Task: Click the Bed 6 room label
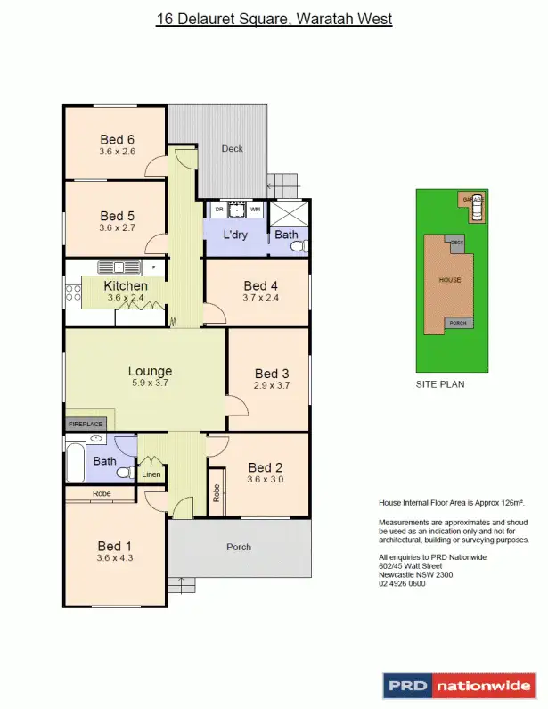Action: tap(117, 139)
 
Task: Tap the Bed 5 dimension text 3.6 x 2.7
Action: tap(117, 228)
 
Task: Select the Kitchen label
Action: tap(126, 285)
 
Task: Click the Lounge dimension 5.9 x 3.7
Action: tap(149, 383)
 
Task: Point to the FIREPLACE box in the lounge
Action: tap(86, 425)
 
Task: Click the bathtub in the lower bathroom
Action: tap(74, 464)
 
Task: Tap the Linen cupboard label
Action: tap(151, 474)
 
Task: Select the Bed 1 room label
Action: tap(115, 546)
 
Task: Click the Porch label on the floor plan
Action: tap(239, 547)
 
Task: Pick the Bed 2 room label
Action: tap(265, 467)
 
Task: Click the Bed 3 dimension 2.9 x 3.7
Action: tap(272, 385)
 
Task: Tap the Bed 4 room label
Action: tap(261, 285)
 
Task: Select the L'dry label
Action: tap(234, 235)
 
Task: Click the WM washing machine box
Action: tap(256, 210)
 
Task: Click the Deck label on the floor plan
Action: tap(232, 149)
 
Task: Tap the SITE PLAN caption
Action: tap(440, 384)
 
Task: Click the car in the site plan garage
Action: tap(476, 210)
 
